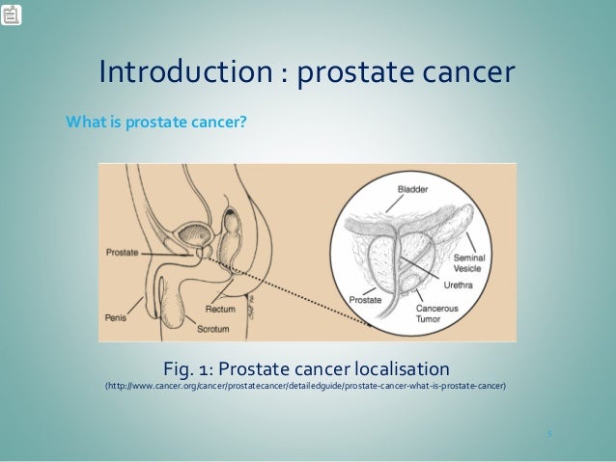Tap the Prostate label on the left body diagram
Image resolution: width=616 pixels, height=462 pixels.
pyautogui.click(x=123, y=252)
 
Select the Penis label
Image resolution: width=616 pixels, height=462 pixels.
pyautogui.click(x=115, y=315)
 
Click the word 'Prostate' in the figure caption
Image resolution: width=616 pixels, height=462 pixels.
pyautogui.click(x=262, y=368)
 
